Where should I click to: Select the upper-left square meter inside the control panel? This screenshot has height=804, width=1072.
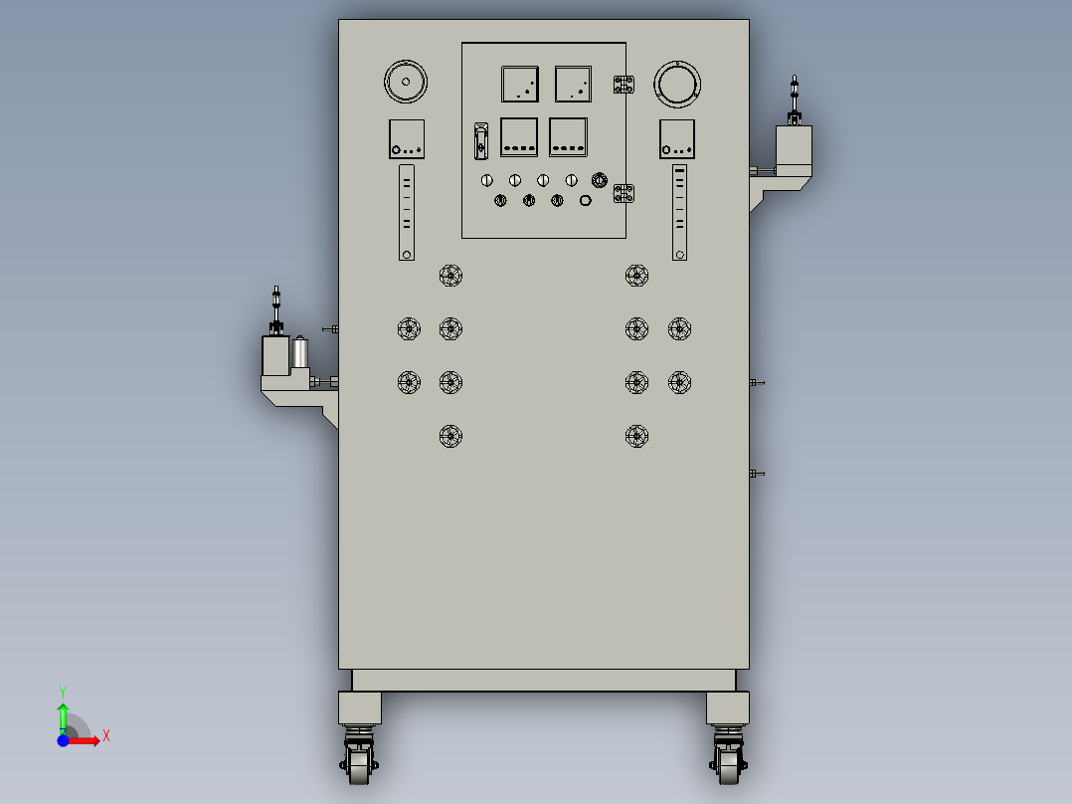pyautogui.click(x=519, y=85)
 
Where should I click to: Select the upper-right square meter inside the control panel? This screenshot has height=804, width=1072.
pyautogui.click(x=573, y=85)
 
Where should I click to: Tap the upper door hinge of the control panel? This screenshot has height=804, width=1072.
pyautogui.click(x=624, y=85)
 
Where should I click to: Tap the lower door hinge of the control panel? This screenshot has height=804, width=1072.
pyautogui.click(x=624, y=193)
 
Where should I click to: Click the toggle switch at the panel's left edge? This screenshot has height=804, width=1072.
pyautogui.click(x=480, y=141)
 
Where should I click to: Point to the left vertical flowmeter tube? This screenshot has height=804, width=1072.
pyautogui.click(x=407, y=212)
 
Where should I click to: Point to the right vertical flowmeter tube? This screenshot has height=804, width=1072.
pyautogui.click(x=679, y=212)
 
